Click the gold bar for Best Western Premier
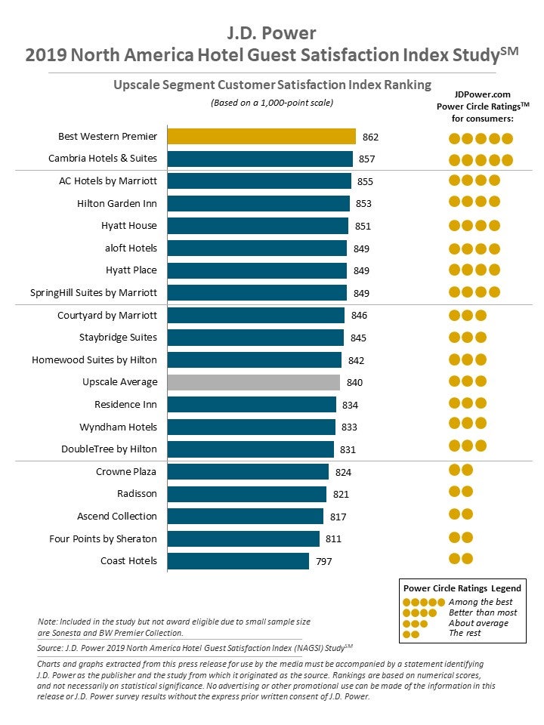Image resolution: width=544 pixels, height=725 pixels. coord(261,137)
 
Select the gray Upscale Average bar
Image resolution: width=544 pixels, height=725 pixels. coord(253,382)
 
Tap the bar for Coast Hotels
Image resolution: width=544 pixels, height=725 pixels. coord(238,561)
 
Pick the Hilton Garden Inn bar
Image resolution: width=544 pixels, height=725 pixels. coord(258,203)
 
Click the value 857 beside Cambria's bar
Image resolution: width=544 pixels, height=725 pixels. coord(367,159)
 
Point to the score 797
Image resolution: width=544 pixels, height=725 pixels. coord(323,562)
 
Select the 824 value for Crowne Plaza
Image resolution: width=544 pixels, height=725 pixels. coord(343,473)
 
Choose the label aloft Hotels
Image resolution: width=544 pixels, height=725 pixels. coord(131,248)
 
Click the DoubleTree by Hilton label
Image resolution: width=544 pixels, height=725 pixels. coord(110,449)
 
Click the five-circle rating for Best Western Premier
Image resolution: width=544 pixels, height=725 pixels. coord(481,138)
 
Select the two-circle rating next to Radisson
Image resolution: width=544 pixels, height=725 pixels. coord(461,492)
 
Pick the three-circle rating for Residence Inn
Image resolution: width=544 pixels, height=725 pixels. coord(468,403)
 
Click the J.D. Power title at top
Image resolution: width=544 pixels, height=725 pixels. coord(272,33)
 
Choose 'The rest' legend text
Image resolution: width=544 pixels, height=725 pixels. coord(465,634)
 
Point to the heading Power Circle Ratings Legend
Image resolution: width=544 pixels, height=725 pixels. coord(462,588)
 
